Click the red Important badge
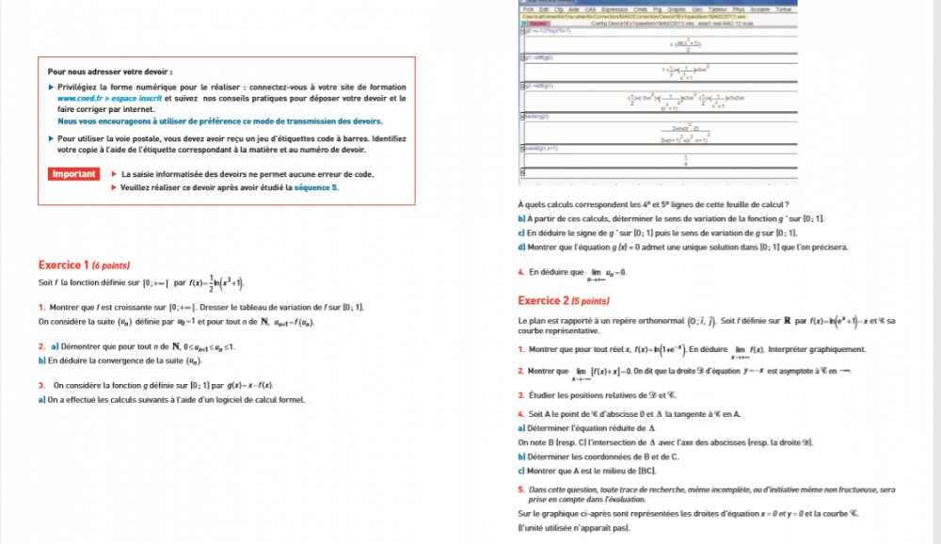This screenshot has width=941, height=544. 73,174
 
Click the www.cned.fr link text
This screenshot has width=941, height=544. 79,98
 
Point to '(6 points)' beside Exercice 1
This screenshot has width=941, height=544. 111,266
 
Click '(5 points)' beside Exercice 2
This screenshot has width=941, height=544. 591,301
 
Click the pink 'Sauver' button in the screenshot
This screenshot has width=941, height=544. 538,23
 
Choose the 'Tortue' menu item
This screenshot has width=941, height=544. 783,8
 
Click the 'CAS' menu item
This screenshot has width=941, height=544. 590,8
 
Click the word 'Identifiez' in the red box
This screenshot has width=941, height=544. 387,138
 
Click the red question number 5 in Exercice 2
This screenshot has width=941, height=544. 520,489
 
